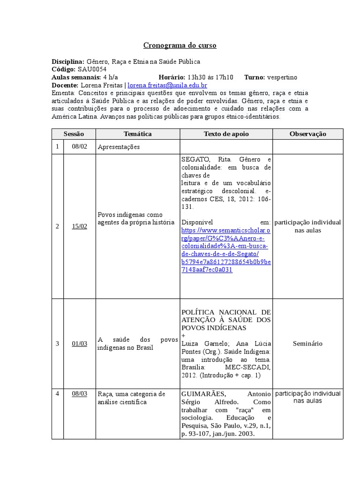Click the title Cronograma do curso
tap(180, 45)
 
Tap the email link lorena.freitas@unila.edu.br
tap(167, 85)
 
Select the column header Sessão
tap(74, 134)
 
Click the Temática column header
tap(137, 134)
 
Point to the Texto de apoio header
tap(226, 134)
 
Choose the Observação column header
tap(307, 134)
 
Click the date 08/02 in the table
tap(79, 147)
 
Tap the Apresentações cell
tap(119, 147)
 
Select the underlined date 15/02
tap(79, 226)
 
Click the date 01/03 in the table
tap(79, 344)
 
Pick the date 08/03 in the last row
tap(79, 394)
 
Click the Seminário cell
tap(307, 344)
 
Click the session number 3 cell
tap(57, 344)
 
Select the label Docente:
tap(65, 85)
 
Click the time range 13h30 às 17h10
tap(210, 77)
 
